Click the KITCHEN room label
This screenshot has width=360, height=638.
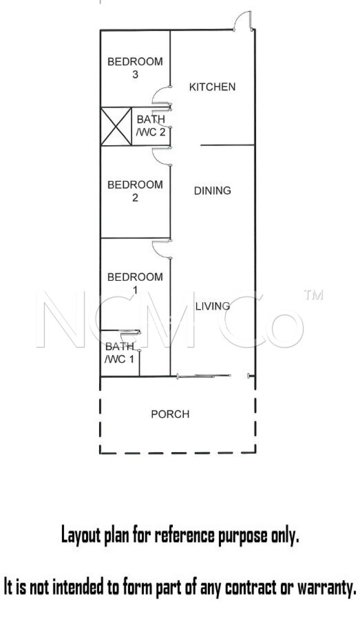click(x=212, y=87)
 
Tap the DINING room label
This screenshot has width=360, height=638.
click(x=212, y=191)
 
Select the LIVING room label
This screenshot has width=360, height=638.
click(x=213, y=306)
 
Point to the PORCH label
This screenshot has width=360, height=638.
click(x=170, y=414)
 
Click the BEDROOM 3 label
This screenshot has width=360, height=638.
click(x=135, y=68)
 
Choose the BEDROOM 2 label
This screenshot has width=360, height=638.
click(x=135, y=191)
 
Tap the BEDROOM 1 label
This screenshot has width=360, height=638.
click(x=135, y=283)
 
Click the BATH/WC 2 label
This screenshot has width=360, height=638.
click(x=151, y=126)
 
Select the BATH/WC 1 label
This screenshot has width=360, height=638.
click(x=119, y=353)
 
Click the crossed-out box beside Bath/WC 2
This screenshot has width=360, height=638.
click(x=116, y=126)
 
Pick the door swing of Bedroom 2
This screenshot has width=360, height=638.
click(x=160, y=156)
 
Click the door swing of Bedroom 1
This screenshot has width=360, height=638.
click(x=160, y=249)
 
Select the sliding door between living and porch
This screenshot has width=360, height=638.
click(x=204, y=376)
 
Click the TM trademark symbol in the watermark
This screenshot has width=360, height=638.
click(x=314, y=295)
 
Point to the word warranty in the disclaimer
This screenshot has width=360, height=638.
click(x=326, y=588)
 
